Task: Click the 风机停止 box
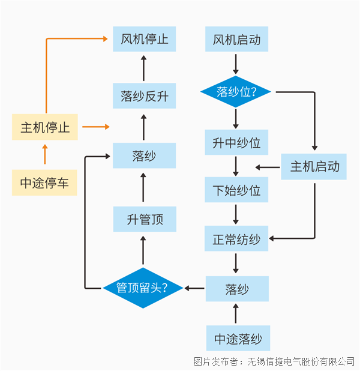point(144,40)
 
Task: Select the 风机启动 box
point(236,40)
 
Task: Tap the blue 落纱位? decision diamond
point(236,92)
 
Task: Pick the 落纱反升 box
point(144,96)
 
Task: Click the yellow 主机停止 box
point(45,127)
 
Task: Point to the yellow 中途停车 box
point(45,182)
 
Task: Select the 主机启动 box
point(314,166)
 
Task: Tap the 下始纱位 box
point(236,190)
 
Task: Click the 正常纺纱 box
point(236,239)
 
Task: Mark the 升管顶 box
point(144,219)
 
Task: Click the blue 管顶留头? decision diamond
point(143,288)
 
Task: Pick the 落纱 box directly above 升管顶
point(144,155)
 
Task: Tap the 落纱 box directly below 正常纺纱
point(236,289)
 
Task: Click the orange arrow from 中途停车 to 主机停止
point(45,154)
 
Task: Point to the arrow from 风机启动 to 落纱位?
point(236,64)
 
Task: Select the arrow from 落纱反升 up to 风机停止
point(144,67)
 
